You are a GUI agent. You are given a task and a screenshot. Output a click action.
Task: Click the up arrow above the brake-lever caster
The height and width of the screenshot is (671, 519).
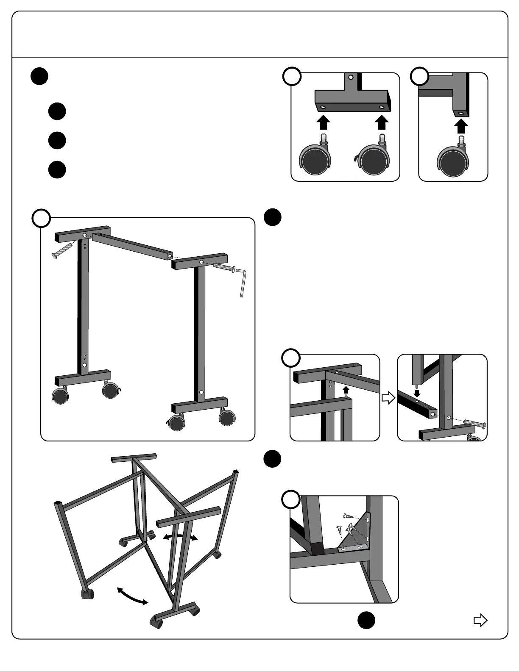click(x=382, y=122)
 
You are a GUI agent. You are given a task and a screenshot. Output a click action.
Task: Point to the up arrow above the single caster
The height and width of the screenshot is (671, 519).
click(x=461, y=126)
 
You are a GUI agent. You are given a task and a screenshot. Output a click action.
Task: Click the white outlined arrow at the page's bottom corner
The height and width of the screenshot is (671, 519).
click(x=480, y=621)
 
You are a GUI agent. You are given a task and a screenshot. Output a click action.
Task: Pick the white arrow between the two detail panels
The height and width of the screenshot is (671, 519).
click(x=388, y=398)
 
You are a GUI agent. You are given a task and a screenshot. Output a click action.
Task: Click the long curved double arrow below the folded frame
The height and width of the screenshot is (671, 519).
click(x=133, y=595)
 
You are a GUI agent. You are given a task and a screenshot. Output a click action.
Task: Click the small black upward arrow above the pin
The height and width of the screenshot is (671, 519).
click(x=346, y=389)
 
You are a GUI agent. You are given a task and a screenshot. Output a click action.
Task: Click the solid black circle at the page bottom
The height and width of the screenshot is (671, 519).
click(x=366, y=620)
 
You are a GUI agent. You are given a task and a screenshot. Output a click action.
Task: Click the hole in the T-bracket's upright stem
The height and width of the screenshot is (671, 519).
click(x=350, y=78)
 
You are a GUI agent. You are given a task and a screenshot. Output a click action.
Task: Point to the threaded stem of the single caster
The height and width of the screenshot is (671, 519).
click(x=462, y=139)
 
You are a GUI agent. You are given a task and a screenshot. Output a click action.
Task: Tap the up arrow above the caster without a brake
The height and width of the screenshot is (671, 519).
click(x=324, y=122)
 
